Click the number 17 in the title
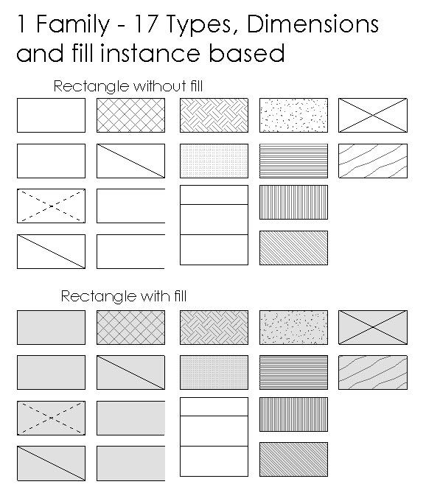point(146,25)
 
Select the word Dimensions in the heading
point(313,25)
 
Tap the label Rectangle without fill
point(128,87)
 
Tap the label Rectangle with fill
point(123,297)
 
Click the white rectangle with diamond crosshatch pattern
point(130,116)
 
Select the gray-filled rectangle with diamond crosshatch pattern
point(130,327)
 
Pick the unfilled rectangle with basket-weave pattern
point(214,116)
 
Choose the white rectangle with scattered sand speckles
point(293,116)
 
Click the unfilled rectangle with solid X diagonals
point(372,116)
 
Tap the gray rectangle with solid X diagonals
point(372,327)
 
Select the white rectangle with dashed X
point(51,206)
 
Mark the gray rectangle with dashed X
point(51,418)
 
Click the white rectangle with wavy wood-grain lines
point(372,161)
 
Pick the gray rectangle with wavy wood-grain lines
point(372,372)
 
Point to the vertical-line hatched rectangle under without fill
point(293,203)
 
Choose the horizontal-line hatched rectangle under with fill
point(293,372)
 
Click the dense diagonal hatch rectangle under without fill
point(293,248)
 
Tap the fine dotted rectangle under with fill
point(214,372)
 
